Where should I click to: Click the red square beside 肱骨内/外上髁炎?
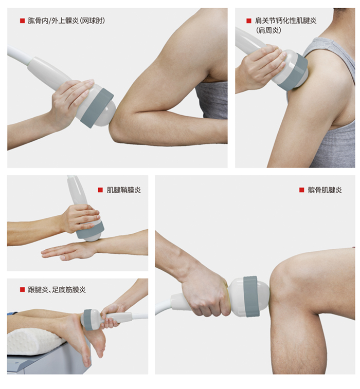(22, 21)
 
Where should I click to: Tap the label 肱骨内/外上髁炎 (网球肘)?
(66, 21)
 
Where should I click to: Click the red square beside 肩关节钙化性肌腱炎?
(249, 21)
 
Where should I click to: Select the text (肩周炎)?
(268, 30)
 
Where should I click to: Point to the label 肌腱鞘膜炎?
(123, 190)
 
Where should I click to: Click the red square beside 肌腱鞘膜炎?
(100, 190)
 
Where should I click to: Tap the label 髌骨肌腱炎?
(325, 190)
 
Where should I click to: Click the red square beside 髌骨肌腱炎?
(302, 190)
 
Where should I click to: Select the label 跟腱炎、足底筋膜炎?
(57, 289)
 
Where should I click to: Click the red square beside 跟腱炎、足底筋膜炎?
(22, 289)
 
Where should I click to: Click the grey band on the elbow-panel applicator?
(97, 108)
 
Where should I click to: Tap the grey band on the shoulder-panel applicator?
(293, 72)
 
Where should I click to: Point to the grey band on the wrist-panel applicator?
(90, 230)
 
